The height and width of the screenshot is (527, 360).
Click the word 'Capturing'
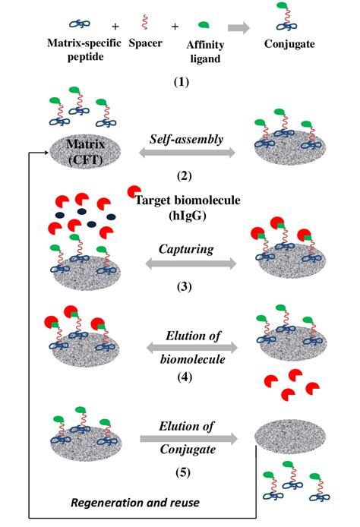[x=185, y=248]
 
